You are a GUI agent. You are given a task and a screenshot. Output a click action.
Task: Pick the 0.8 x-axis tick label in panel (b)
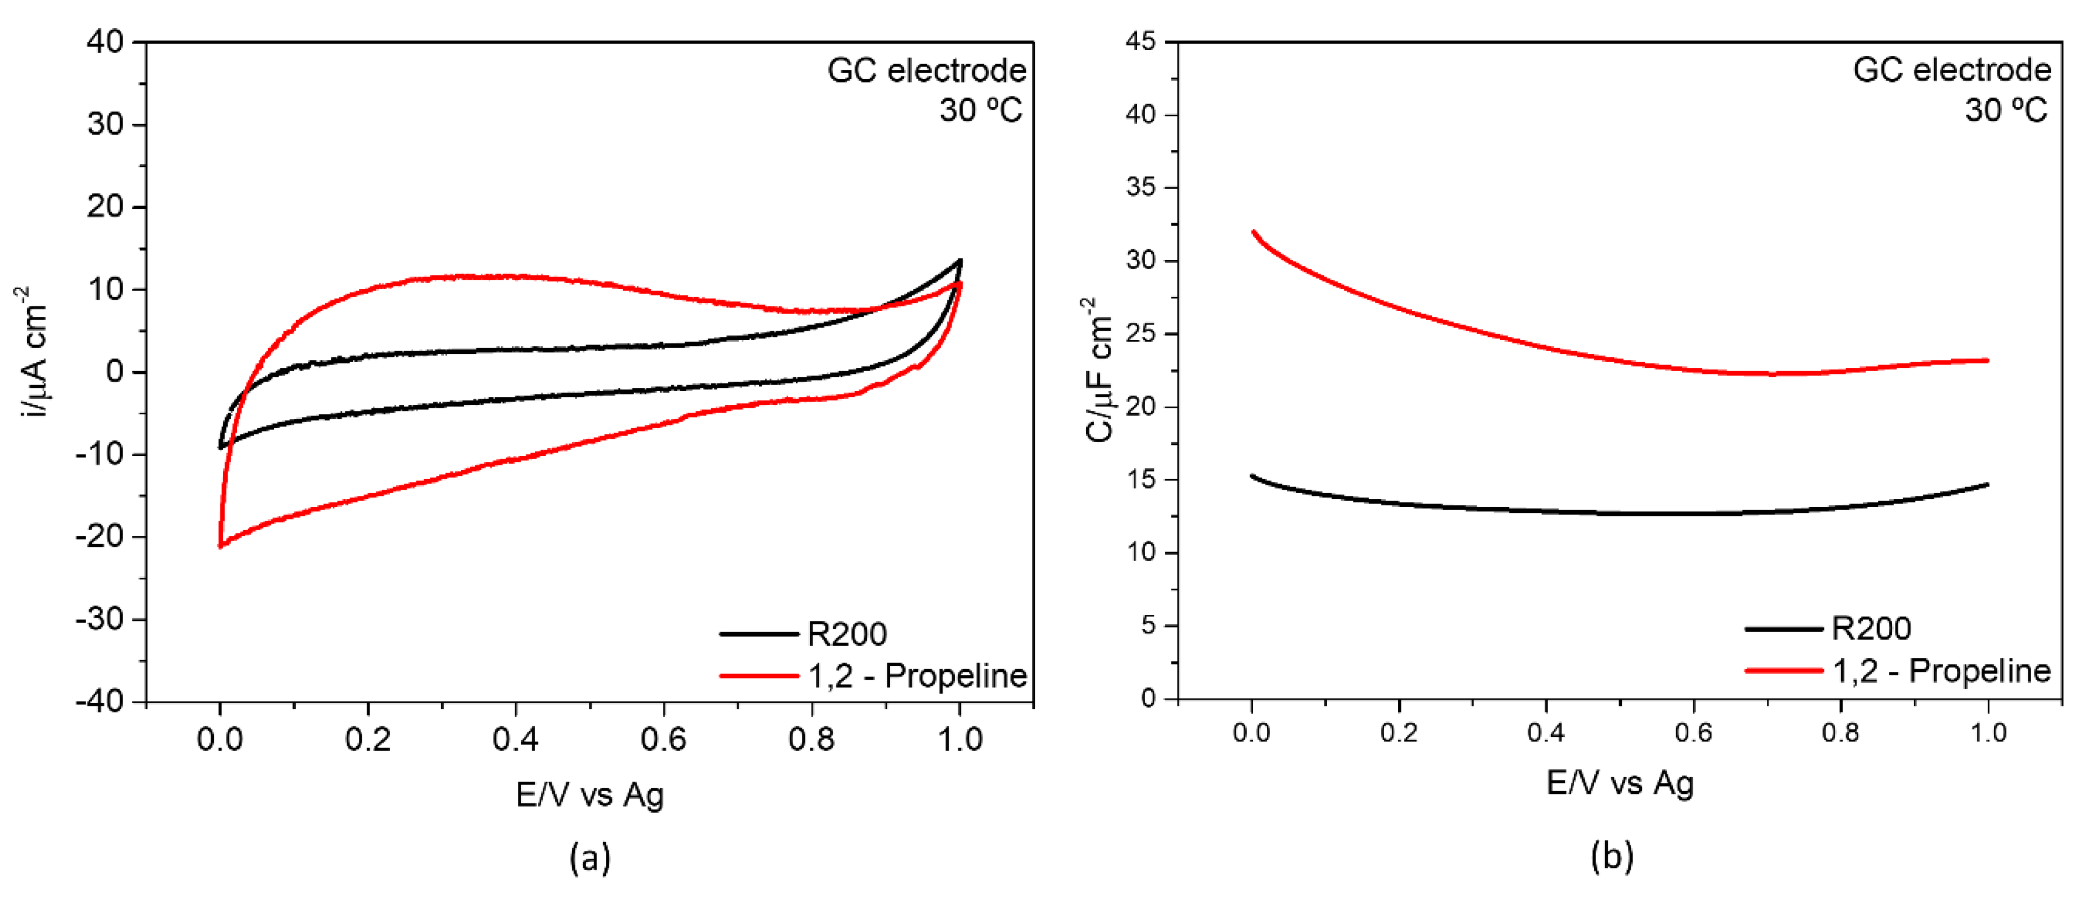[1840, 732]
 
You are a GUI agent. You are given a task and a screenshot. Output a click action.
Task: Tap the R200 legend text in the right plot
[1871, 628]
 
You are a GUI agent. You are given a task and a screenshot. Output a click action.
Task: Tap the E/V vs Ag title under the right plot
[1620, 783]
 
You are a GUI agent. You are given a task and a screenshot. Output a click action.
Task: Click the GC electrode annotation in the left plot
[926, 71]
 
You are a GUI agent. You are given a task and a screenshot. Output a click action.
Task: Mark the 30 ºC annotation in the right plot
[2005, 110]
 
